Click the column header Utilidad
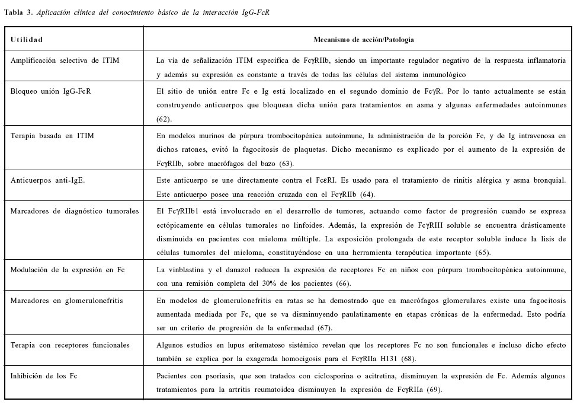tap(27, 40)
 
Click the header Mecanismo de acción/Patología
tap(363, 40)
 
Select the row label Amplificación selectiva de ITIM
tap(69, 60)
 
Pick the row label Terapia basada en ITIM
tap(52, 135)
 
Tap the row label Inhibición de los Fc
tap(44, 375)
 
